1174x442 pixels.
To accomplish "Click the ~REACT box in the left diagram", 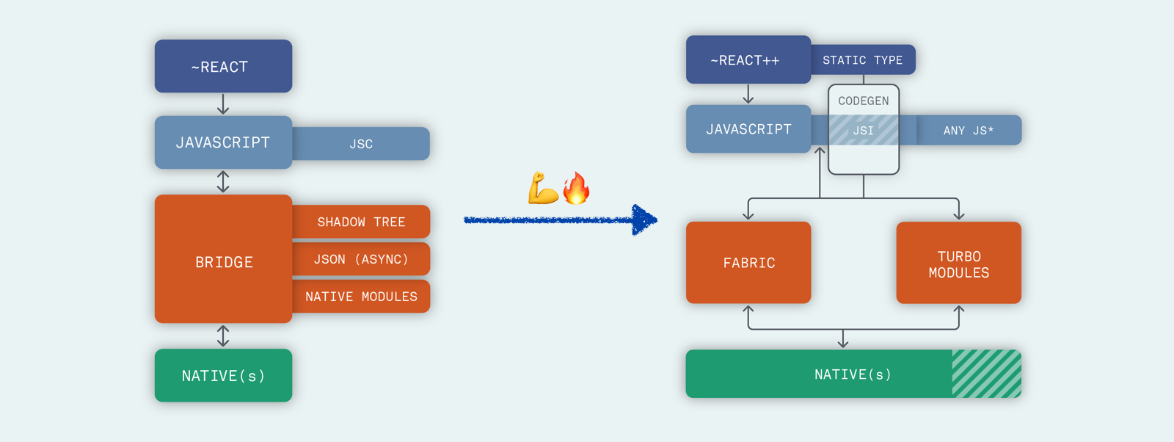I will tap(223, 66).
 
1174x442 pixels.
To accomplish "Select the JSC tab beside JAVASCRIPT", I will tap(361, 144).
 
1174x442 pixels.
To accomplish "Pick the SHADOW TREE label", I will tap(361, 222).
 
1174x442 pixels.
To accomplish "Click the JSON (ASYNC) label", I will tap(361, 259).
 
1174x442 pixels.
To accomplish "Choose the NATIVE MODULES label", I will tap(361, 297).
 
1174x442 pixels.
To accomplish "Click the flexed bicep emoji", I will tap(543, 189).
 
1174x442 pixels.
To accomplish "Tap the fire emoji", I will tap(577, 189).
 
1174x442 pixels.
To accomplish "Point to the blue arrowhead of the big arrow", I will tap(644, 220).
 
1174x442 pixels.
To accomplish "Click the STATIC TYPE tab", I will tap(863, 60).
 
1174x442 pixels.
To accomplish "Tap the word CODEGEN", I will tap(864, 101).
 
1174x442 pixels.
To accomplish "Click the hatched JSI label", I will tap(864, 131).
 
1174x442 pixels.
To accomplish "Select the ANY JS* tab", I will tap(969, 131).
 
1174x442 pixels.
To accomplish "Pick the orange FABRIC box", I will tap(748, 263).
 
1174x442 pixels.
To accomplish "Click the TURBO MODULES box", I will tap(958, 263).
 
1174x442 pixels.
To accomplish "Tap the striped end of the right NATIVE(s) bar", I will tap(986, 374).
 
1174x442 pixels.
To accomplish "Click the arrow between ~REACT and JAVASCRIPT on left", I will tap(223, 104).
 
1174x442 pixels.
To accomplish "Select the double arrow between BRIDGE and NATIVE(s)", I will tap(223, 336).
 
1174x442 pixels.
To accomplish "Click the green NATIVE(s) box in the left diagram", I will tap(223, 375).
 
